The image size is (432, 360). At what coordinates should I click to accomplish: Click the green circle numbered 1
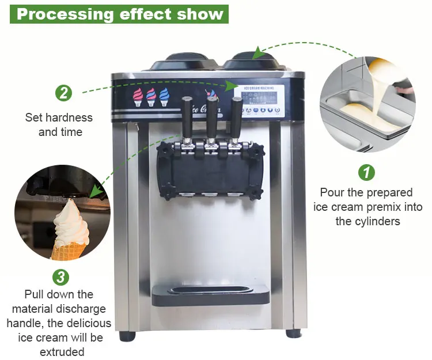point(367,172)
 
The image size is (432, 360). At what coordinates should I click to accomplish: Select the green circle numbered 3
point(61,276)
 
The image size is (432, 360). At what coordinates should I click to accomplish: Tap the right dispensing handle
point(236,115)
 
